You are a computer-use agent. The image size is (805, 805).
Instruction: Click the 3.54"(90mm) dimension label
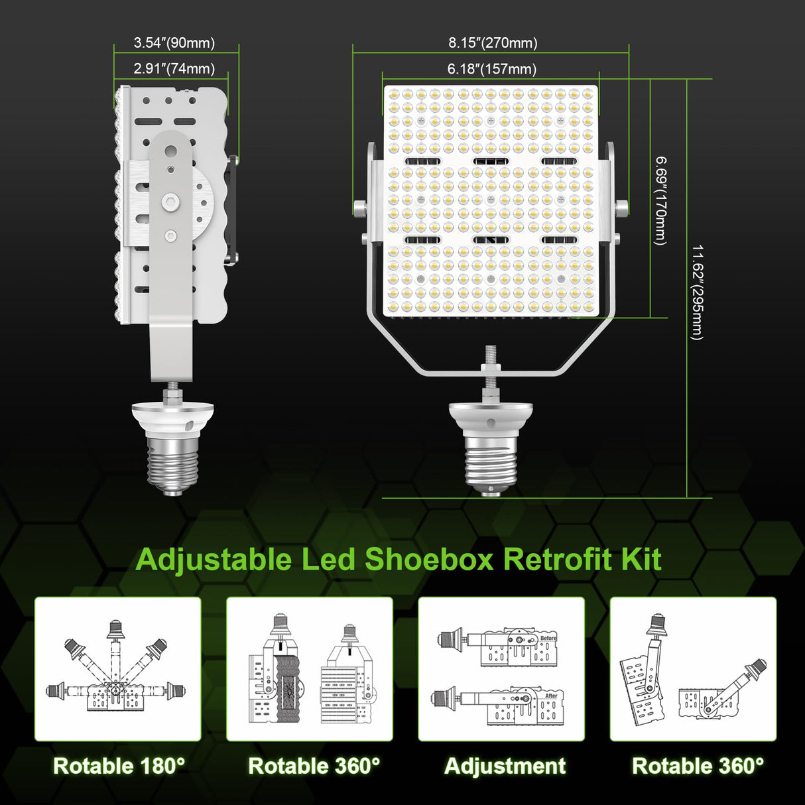[x=174, y=43]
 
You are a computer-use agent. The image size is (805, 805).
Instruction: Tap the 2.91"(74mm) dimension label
[x=174, y=68]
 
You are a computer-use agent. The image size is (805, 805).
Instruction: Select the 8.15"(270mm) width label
[x=493, y=43]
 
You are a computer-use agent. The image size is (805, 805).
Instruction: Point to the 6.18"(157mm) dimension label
[x=491, y=68]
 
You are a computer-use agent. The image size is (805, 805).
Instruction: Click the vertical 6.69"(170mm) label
[x=660, y=201]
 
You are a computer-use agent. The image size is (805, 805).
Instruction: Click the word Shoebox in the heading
[x=430, y=559]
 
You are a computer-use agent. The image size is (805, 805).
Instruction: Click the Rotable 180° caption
[x=119, y=766]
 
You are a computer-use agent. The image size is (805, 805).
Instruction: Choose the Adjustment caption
[x=505, y=766]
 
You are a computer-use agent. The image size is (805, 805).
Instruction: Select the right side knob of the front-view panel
[x=622, y=208]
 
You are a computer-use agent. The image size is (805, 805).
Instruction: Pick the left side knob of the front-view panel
[x=359, y=208]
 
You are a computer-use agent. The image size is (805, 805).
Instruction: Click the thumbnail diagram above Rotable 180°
[x=117, y=668]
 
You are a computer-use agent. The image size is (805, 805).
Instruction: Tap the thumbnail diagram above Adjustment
[x=501, y=668]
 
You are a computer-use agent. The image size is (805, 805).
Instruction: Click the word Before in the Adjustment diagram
[x=548, y=638]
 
